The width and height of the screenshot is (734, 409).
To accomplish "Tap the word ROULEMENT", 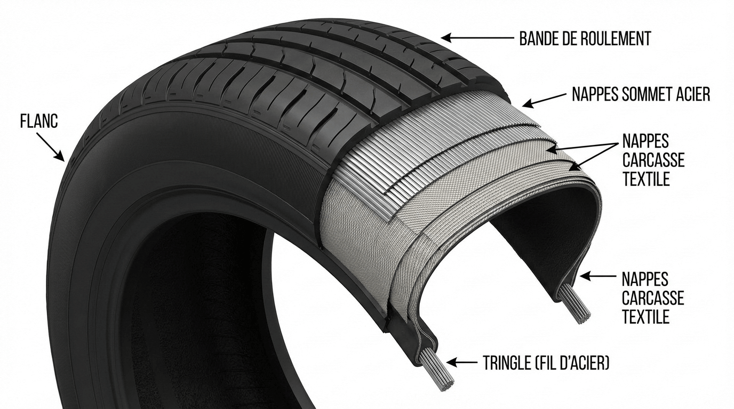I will (x=619, y=38).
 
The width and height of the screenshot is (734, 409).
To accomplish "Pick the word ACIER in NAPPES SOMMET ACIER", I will (x=691, y=95).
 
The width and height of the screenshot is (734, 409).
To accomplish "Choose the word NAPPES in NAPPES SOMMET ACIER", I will (x=595, y=95).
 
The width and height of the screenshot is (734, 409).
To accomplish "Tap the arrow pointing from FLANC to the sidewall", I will (x=51, y=145).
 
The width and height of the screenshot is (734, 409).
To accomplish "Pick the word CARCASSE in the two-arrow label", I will (x=653, y=160).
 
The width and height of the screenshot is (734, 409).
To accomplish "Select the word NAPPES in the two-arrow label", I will (x=645, y=141).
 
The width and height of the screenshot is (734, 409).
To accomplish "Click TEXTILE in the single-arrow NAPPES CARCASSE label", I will (x=645, y=317).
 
